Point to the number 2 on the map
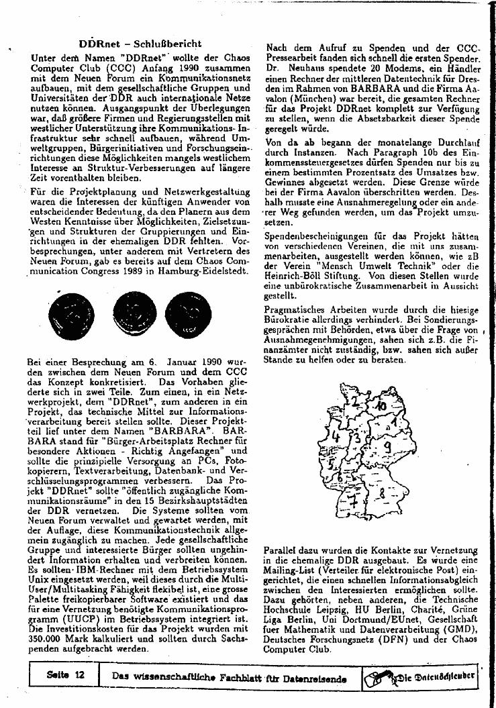click(x=355, y=402)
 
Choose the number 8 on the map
click(x=382, y=495)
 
